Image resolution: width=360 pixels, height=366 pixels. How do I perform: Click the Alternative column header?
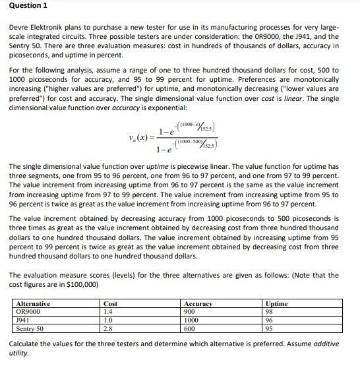33,303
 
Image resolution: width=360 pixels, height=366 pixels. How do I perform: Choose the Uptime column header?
276,303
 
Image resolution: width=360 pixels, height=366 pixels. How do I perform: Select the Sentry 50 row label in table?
30,327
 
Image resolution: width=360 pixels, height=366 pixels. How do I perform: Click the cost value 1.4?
109,311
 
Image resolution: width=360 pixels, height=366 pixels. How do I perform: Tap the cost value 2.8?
109,327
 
